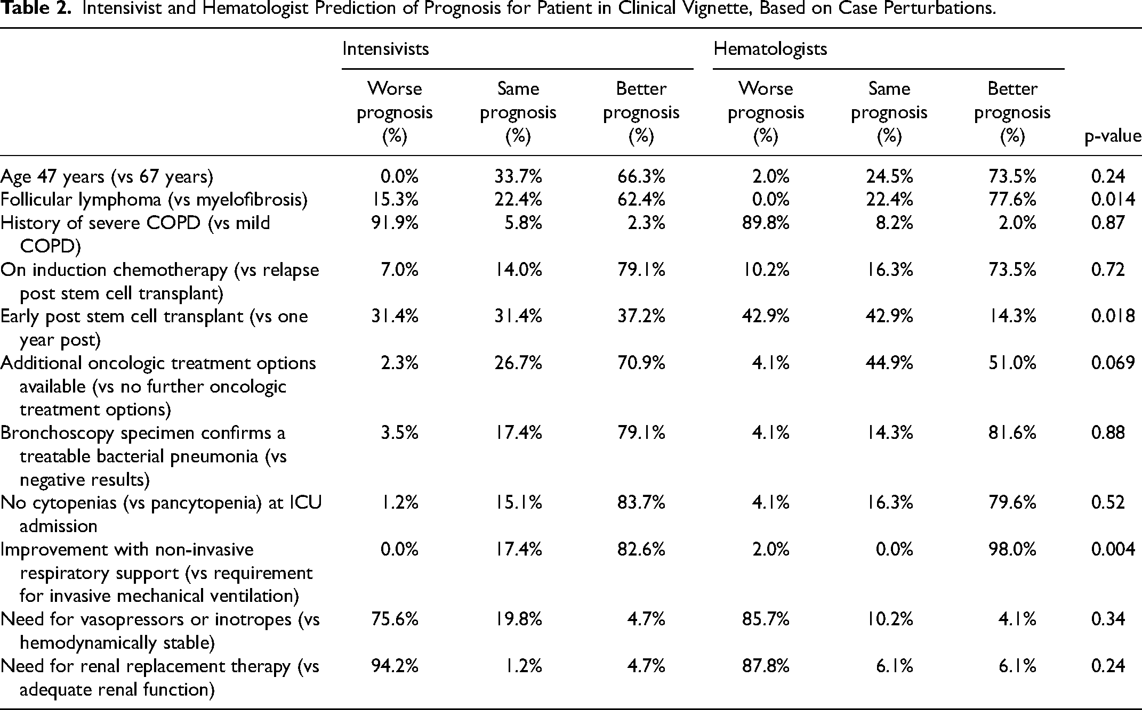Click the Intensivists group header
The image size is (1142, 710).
tap(385, 49)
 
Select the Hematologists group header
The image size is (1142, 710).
tap(770, 49)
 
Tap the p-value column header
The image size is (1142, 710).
tap(1113, 137)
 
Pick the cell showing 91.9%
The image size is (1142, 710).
tap(395, 223)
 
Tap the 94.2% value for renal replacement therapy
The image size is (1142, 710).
tap(395, 666)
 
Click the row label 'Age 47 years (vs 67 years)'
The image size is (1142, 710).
tap(107, 176)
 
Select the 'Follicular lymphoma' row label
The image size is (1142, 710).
tap(81, 199)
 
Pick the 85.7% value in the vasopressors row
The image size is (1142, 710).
tap(766, 619)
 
